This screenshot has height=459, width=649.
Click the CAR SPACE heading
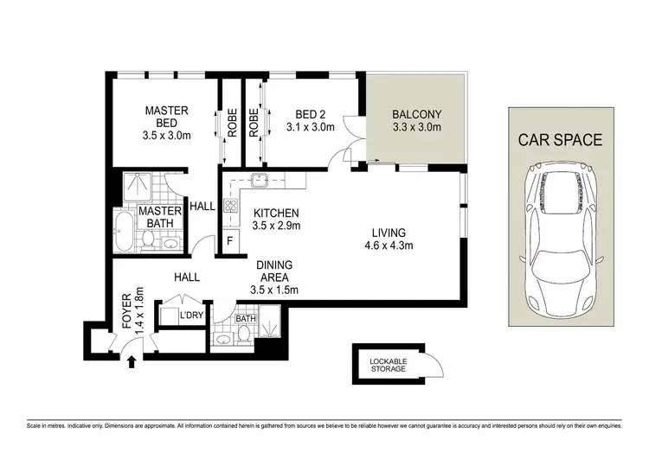click(x=560, y=139)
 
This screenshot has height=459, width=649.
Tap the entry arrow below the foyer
click(x=131, y=359)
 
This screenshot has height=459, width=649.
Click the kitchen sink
click(x=258, y=182)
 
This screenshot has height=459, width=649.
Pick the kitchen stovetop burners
click(x=231, y=206)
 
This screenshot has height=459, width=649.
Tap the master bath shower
click(x=134, y=184)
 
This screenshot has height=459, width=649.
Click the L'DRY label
click(x=190, y=316)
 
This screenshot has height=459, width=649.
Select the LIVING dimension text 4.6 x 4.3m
click(x=389, y=245)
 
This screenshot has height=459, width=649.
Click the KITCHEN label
click(x=276, y=213)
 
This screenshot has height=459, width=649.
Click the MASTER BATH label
click(x=161, y=217)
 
